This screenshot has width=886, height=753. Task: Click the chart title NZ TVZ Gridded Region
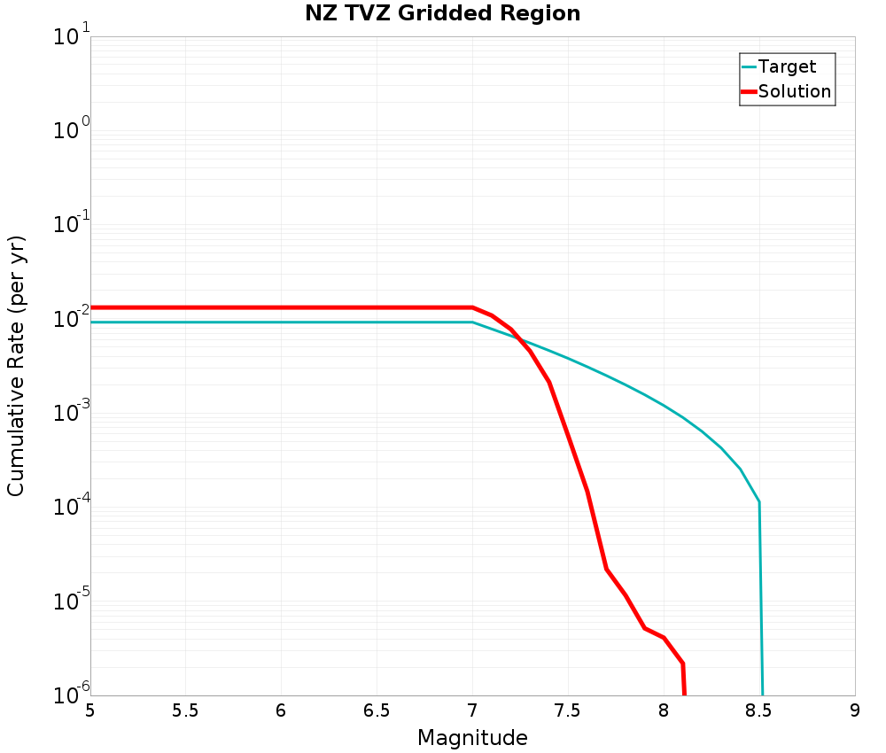[443, 14]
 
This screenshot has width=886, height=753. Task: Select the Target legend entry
[787, 66]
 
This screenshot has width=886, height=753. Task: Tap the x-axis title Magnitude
[472, 738]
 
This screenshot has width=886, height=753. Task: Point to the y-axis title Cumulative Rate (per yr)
[16, 366]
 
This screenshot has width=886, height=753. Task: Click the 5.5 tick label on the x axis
[185, 711]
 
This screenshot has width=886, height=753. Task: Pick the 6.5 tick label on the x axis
[377, 711]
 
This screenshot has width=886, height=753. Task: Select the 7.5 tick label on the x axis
[568, 711]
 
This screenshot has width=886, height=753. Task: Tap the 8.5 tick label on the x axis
[759, 711]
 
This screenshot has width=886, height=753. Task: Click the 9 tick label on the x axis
[855, 711]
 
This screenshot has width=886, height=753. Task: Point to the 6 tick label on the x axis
[281, 711]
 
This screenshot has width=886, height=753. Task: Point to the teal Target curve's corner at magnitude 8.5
[759, 502]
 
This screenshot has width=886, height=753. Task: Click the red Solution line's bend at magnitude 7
[472, 307]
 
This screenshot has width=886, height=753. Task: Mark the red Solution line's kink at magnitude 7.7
[606, 569]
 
